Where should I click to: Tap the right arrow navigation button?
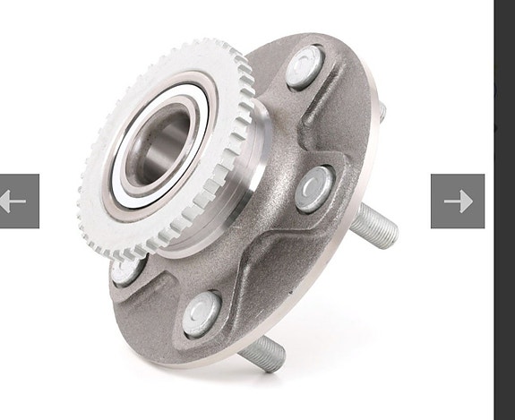tap(457, 201)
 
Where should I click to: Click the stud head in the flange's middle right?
tap(315, 185)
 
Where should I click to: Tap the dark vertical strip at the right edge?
tap(504, 210)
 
